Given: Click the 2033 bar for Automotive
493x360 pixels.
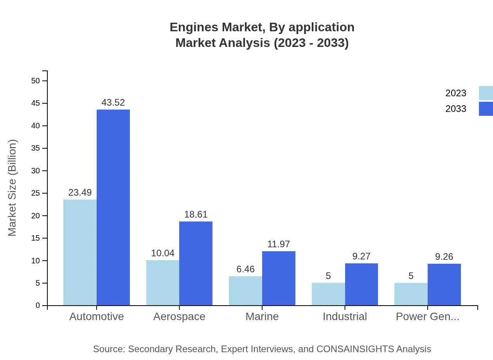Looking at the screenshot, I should (113, 207).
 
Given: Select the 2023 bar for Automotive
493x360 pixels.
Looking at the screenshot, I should (80, 252).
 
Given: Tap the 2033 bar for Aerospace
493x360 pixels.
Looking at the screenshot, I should (196, 263).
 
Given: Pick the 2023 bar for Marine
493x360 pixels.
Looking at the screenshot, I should (245, 291).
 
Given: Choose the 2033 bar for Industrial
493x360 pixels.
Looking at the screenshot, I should (362, 284).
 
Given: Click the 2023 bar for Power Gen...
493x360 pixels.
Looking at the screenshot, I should (411, 294).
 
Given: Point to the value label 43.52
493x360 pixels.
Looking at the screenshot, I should (113, 103).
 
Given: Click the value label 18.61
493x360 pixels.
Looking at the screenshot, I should (196, 214).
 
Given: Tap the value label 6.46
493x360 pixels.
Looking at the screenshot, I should (245, 269).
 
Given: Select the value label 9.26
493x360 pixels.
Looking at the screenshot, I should (444, 257).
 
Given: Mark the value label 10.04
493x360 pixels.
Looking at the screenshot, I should (163, 253).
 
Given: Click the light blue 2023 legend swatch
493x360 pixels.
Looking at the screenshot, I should (486, 93).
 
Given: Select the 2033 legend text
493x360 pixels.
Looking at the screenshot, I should (456, 109).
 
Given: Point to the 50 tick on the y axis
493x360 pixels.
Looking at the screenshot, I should (36, 81).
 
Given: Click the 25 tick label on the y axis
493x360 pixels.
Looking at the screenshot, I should (36, 193).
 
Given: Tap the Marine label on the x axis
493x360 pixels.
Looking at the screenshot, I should (262, 317).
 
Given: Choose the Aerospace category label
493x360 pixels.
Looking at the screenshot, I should (179, 317).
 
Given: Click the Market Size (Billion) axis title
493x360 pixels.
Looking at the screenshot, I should (13, 188).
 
